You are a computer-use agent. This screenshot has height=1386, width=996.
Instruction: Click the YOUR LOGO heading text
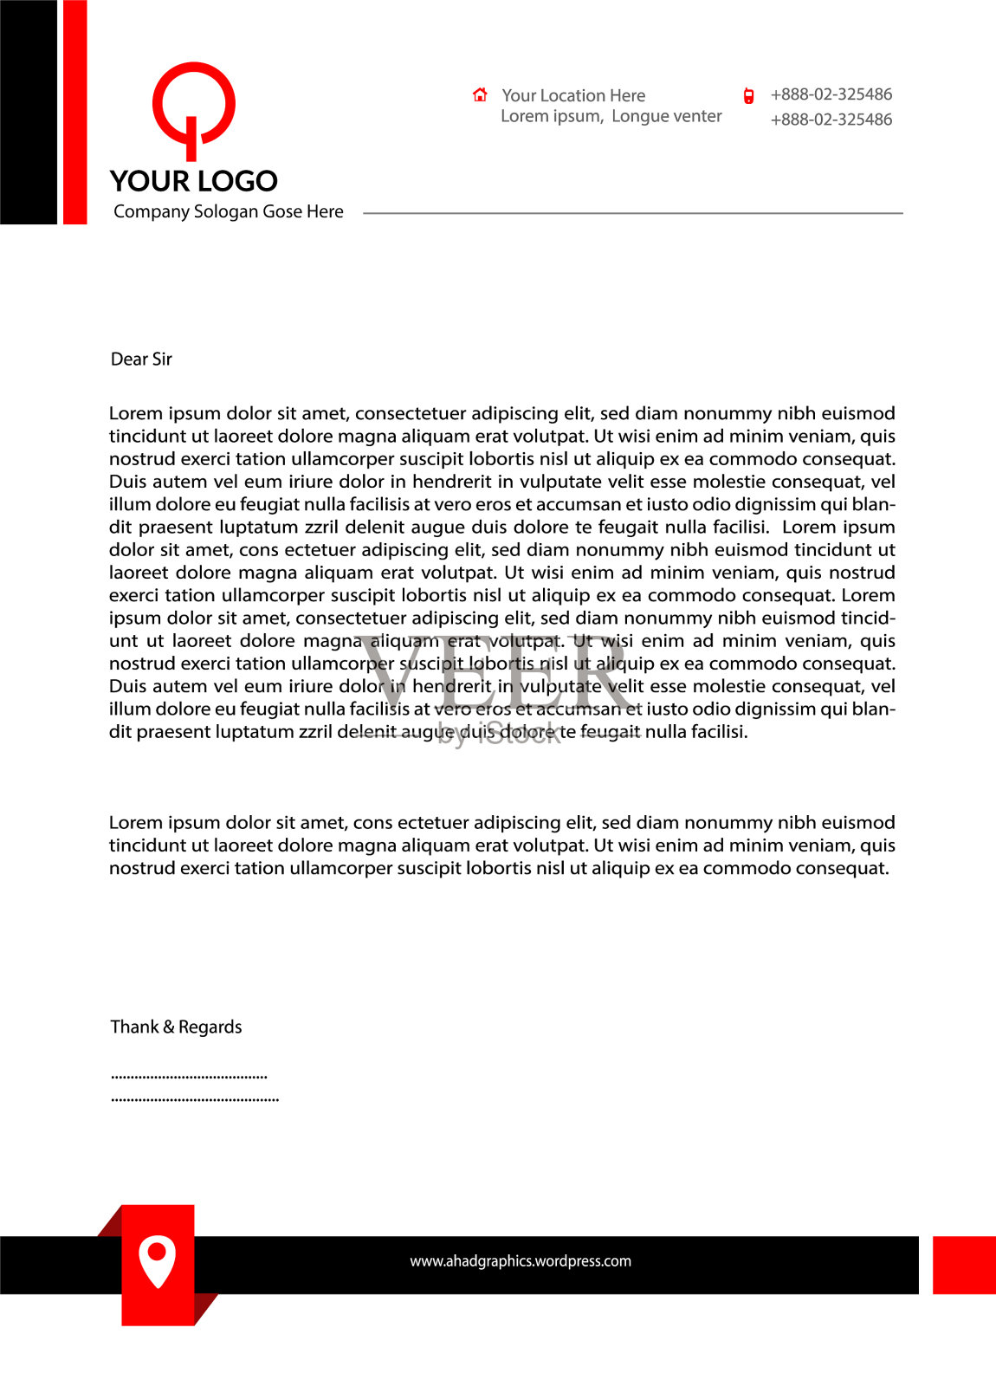coord(194,181)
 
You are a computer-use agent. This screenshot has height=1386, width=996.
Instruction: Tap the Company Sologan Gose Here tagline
coord(229,212)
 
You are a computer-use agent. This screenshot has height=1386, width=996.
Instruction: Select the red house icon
coord(480,94)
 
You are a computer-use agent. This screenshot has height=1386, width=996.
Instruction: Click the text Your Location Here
coord(573,95)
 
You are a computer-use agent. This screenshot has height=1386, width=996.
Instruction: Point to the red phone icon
coord(748,96)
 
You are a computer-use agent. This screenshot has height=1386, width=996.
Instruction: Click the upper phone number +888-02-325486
coord(831,94)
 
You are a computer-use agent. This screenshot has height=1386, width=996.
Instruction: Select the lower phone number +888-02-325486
coord(831,120)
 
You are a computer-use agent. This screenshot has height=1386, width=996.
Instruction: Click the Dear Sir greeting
coord(141,359)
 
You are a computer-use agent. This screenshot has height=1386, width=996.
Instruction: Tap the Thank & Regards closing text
coord(176,1027)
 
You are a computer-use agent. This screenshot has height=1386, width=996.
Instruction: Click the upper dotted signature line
coord(189,1077)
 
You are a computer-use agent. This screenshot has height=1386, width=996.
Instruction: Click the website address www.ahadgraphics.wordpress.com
coord(521,1261)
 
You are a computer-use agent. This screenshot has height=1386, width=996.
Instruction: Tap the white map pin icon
coord(157,1261)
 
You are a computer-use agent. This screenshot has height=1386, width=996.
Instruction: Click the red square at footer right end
coord(964,1265)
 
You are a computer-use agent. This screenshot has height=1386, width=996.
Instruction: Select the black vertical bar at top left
coord(28,113)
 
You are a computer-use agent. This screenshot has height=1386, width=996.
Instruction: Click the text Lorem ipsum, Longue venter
coord(611,117)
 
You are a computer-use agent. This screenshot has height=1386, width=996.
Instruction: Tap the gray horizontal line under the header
coord(632,213)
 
